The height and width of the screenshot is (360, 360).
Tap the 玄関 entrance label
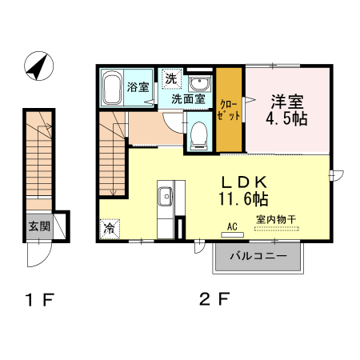click(38, 226)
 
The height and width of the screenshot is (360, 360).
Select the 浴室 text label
click(138, 87)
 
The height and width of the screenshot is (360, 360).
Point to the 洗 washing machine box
click(170, 78)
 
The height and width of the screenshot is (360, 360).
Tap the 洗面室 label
click(189, 100)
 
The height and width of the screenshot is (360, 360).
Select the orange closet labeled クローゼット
click(229, 110)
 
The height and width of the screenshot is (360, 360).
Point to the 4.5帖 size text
click(287, 118)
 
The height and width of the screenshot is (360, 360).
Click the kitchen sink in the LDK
click(166, 196)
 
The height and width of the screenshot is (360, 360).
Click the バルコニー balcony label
click(256, 258)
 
